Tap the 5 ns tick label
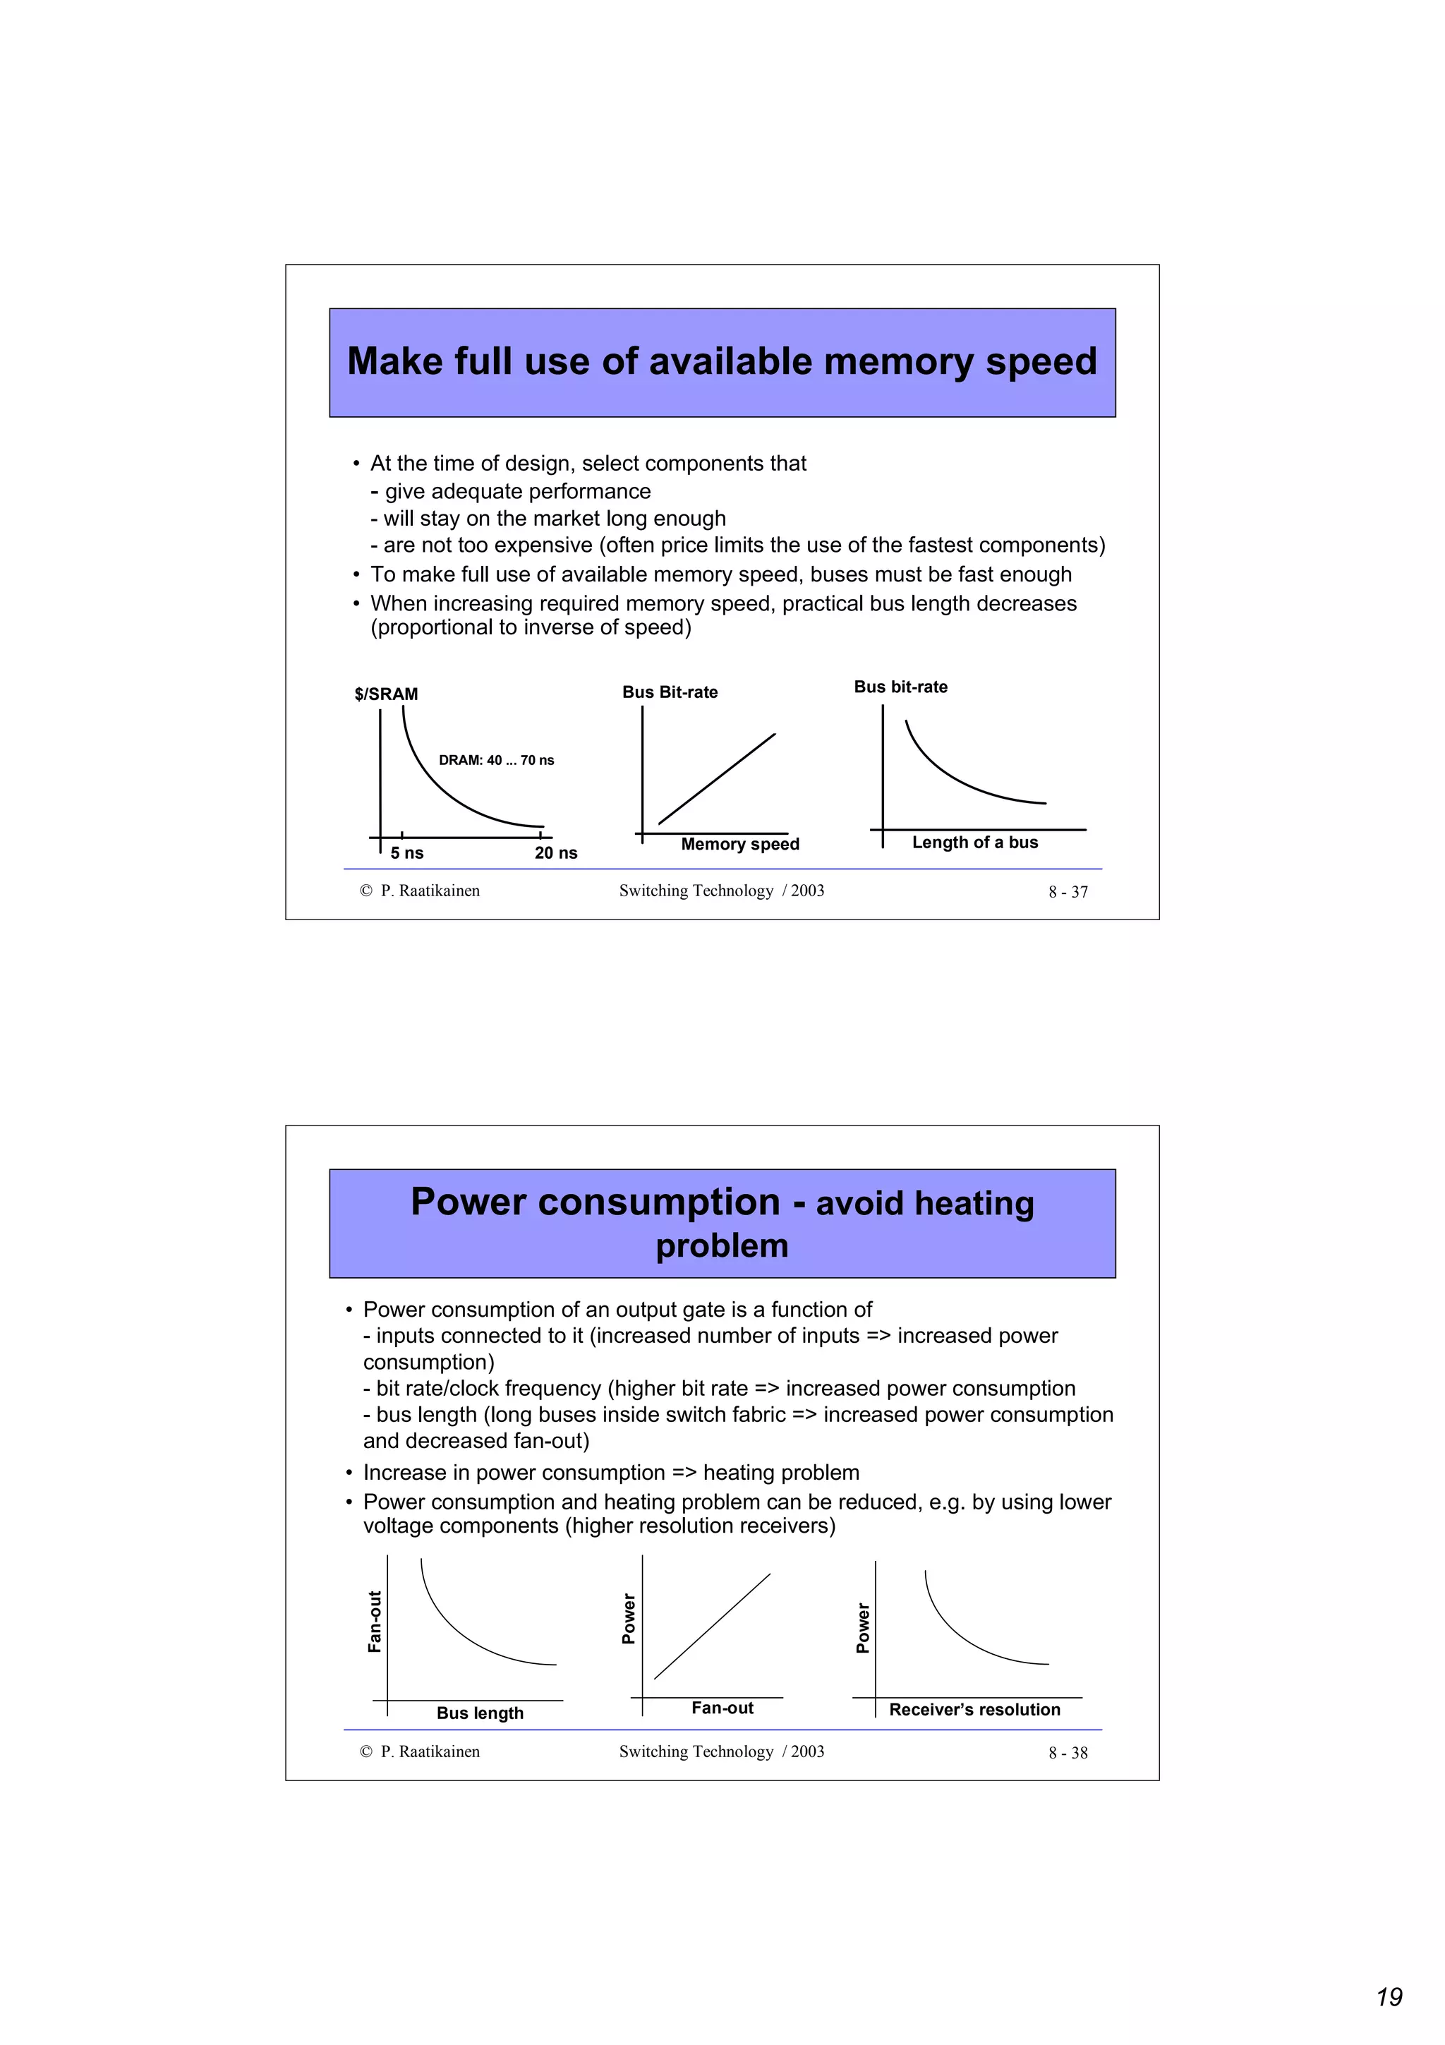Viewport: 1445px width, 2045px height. click(x=407, y=853)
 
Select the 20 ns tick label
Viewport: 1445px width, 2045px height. click(x=555, y=853)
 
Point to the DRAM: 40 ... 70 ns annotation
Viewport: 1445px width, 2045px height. click(x=496, y=760)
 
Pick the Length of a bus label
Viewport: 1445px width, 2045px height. click(x=975, y=842)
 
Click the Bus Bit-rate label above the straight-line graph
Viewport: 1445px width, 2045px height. click(x=670, y=692)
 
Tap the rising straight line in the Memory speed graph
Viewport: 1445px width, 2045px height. click(x=717, y=778)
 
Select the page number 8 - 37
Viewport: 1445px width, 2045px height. click(x=1068, y=891)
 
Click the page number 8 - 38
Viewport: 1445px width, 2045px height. click(x=1068, y=1753)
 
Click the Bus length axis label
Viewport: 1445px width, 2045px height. click(x=480, y=1713)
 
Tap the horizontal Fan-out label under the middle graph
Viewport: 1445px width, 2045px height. click(x=722, y=1708)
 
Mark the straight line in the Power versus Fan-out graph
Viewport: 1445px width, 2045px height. click(x=712, y=1627)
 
